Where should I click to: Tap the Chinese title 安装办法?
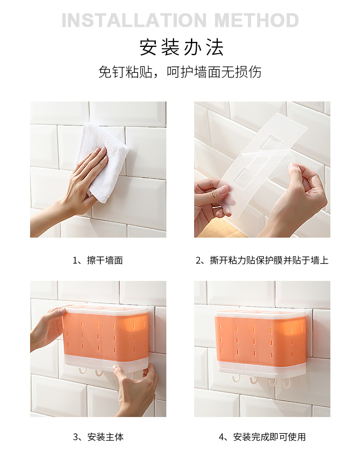tap(181, 47)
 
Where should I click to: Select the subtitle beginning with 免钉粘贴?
tap(180, 72)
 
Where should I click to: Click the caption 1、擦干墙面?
tap(98, 260)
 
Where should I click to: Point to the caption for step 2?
tap(262, 260)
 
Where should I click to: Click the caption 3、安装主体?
tap(98, 437)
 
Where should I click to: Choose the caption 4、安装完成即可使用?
tap(262, 437)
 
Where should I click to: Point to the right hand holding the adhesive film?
tap(303, 196)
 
